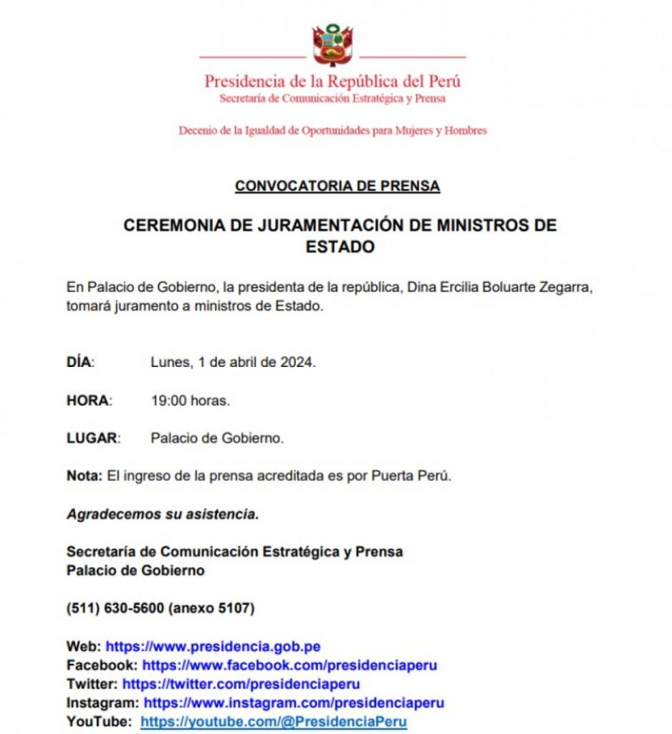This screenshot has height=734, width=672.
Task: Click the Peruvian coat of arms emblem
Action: click(332, 45)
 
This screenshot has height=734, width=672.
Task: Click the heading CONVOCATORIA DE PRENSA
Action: click(337, 186)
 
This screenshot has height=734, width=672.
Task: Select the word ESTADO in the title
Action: click(340, 247)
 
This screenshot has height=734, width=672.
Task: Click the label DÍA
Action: click(80, 363)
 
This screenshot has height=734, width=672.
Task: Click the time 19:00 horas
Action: click(190, 401)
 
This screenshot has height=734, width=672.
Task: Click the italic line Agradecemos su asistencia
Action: click(163, 514)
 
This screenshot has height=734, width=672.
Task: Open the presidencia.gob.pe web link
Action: click(213, 647)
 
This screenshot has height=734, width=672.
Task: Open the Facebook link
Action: click(289, 665)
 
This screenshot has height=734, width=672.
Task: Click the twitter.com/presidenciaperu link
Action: click(241, 684)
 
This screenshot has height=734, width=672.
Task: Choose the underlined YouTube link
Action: click(274, 722)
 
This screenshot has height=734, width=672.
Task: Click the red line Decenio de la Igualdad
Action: click(332, 131)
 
